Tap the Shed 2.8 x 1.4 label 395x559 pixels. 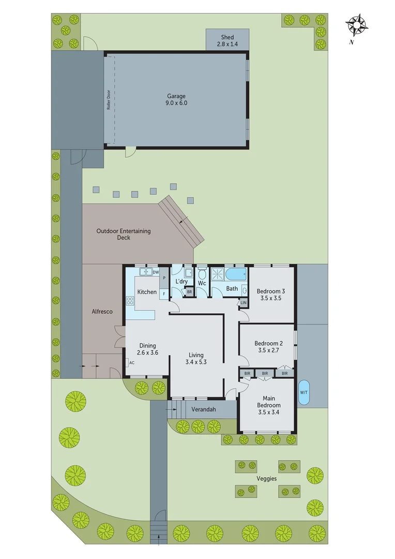click(227, 41)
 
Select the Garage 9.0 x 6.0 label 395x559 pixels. click(176, 99)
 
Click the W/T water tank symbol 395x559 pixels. click(303, 392)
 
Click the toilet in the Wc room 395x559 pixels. click(202, 275)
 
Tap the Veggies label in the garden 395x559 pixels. click(267, 478)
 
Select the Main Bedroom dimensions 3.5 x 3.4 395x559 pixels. click(269, 413)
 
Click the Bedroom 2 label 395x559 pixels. click(269, 343)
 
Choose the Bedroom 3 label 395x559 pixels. click(271, 291)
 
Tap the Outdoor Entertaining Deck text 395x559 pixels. click(124, 234)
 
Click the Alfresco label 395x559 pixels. click(102, 312)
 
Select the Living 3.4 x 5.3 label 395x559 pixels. click(196, 358)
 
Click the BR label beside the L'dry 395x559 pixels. click(190, 292)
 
